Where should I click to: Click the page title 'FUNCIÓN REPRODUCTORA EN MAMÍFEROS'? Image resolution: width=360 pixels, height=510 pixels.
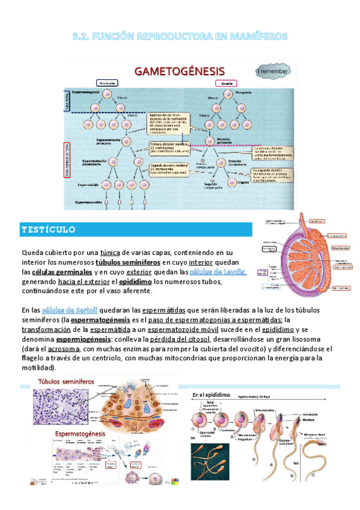coord(180,37)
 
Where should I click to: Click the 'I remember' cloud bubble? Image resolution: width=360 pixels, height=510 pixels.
coord(273,71)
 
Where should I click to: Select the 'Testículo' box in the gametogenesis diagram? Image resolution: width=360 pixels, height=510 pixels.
coord(108,83)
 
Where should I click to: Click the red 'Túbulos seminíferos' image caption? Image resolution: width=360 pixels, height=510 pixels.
coord(67,382)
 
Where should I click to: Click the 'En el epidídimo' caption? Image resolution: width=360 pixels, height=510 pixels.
coord(213,395)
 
